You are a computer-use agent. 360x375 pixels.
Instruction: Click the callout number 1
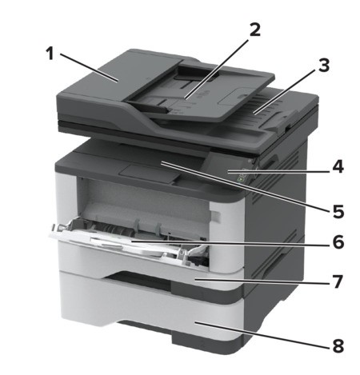pos(50,54)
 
